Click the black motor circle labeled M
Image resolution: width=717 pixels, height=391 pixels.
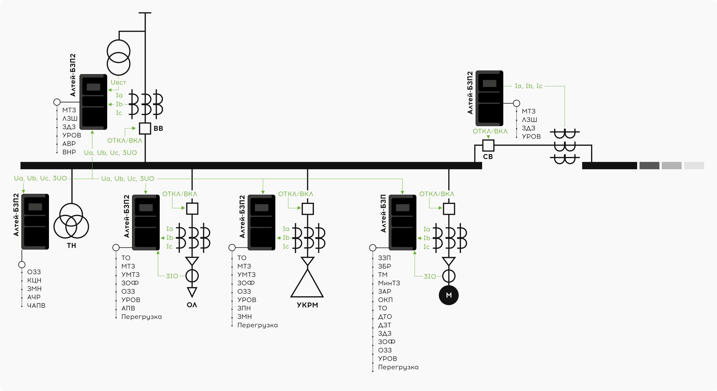point(449,295)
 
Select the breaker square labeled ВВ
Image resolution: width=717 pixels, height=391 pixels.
point(145,128)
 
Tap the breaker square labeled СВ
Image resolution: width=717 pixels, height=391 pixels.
point(488,145)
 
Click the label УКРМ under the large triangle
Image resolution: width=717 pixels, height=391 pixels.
point(307,305)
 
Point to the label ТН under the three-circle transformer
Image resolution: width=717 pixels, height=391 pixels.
point(71,246)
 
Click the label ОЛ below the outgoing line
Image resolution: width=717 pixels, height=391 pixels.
point(192,305)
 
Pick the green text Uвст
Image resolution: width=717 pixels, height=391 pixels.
point(118,83)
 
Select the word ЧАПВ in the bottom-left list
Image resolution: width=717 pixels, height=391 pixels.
point(36,306)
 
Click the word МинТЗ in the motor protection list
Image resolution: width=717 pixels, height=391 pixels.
point(389,283)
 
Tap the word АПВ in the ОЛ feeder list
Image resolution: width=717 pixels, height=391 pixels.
point(128,308)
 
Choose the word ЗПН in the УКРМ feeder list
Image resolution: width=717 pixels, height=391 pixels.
point(244,308)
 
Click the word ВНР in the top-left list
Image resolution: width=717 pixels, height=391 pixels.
point(69,152)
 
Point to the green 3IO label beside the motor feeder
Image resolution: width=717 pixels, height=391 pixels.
point(430,276)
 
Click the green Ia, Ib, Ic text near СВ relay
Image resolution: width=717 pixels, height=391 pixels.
point(528,86)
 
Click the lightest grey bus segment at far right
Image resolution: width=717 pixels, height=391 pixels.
point(694,166)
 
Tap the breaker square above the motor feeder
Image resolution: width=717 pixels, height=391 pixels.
point(449,209)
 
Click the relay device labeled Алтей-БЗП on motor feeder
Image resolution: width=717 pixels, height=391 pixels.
point(403,222)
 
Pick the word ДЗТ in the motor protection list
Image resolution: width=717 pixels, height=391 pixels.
point(384,325)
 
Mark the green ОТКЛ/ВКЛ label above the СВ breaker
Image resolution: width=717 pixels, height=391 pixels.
point(490,131)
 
